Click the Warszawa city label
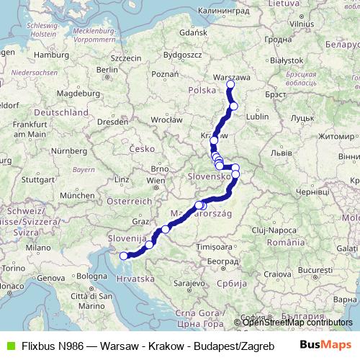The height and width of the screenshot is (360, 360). pyautogui.click(x=233, y=76)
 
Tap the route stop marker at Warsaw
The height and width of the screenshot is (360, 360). pyautogui.click(x=230, y=85)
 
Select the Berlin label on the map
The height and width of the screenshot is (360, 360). pyautogui.click(x=107, y=70)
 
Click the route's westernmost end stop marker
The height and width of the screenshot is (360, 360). pyautogui.click(x=123, y=256)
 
